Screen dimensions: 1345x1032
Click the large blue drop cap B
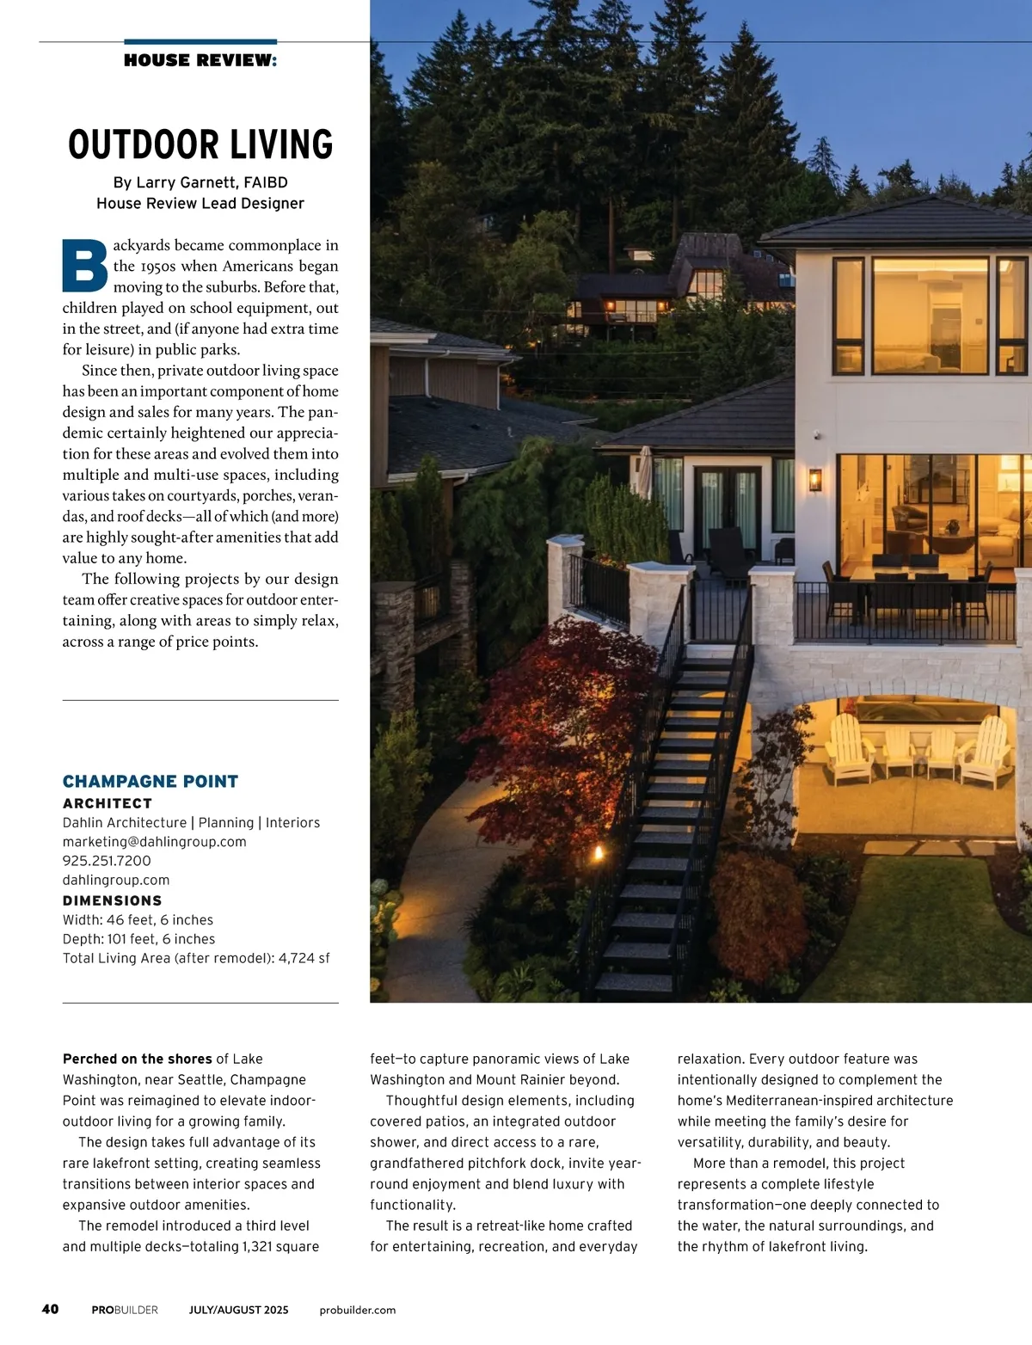pos(85,265)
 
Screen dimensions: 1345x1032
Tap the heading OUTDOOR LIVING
pos(200,144)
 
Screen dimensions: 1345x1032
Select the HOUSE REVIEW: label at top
pos(200,60)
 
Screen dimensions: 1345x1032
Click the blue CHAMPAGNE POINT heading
pos(150,781)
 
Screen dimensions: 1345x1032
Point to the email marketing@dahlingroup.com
pos(155,842)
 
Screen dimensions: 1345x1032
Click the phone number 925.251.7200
pos(107,861)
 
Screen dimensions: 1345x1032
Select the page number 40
pos(51,1309)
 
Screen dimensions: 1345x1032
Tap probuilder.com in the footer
pos(358,1310)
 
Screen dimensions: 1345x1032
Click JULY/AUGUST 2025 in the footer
pos(239,1310)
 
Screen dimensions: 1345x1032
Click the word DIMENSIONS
pos(113,900)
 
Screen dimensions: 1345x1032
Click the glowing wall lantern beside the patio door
pos(814,479)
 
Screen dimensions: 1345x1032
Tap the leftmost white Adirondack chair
pos(849,750)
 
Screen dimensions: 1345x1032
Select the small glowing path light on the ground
pos(599,853)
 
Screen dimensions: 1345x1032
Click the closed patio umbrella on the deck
pos(644,472)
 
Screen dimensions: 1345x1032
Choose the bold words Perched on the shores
pos(137,1059)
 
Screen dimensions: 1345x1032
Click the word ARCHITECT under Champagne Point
pos(107,803)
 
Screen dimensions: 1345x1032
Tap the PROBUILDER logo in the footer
pos(125,1310)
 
